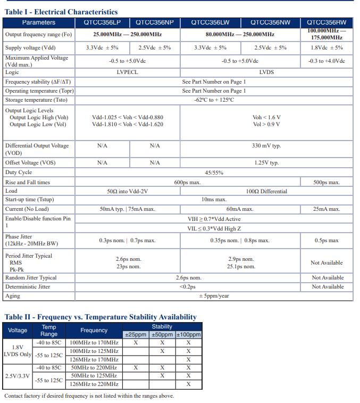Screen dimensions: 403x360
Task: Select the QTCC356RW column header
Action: click(327, 22)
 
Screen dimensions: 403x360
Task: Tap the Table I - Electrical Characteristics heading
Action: click(61, 12)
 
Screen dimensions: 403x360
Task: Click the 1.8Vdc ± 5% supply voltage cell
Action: click(327, 47)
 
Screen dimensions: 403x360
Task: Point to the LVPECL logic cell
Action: click(127, 72)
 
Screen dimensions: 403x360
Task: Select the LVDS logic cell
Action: click(266, 72)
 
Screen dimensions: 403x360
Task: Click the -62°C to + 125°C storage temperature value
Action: click(214, 100)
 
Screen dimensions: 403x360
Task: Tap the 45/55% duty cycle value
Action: click(214, 172)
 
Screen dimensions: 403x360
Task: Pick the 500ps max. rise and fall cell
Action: click(327, 182)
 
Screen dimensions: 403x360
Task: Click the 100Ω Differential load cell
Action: click(266, 191)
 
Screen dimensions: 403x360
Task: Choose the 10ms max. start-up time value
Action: click(214, 200)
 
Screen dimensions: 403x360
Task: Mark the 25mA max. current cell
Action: click(327, 209)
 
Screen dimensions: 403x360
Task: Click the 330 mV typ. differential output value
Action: click(266, 145)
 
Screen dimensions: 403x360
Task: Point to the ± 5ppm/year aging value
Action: click(214, 295)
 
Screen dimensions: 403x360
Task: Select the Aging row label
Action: click(13, 295)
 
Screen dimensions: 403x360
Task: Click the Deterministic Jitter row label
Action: click(28, 286)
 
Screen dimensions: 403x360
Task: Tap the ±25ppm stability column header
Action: click(136, 334)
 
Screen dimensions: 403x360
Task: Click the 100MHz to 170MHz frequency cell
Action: click(94, 342)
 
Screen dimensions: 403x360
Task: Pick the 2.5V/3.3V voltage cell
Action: click(18, 375)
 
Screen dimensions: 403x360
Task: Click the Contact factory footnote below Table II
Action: click(89, 396)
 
